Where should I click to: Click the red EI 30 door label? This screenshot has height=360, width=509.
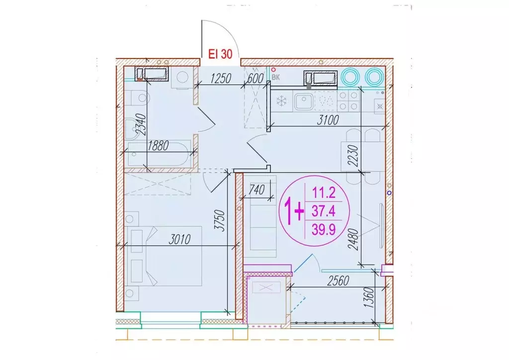(x=220, y=54)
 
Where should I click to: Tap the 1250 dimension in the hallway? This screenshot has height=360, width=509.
(x=221, y=79)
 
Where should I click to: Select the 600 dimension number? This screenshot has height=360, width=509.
(x=255, y=79)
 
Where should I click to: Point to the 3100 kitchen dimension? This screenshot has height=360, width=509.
(x=328, y=120)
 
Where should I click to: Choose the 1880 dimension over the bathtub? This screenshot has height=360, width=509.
(x=158, y=146)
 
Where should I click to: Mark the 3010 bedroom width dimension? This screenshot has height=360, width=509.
(x=179, y=240)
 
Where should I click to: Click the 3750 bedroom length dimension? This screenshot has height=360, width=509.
(x=220, y=221)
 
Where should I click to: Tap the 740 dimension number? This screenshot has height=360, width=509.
(x=256, y=189)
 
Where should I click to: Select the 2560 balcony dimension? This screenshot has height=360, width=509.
(x=338, y=281)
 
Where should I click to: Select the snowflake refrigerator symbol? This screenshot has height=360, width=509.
(x=281, y=100)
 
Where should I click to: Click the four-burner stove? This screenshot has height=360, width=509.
(x=348, y=100)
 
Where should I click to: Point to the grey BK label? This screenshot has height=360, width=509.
(x=275, y=78)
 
